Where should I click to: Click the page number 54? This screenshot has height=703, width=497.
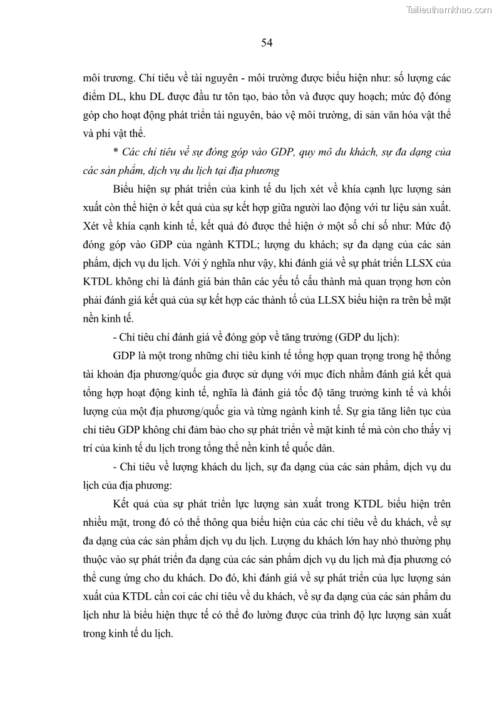[x=267, y=43]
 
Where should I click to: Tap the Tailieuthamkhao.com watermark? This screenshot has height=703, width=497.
[x=449, y=9]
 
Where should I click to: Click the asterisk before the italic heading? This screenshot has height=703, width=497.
[x=116, y=152]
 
